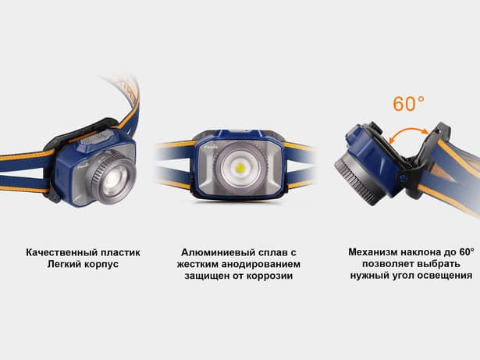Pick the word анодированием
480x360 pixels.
coord(262,265)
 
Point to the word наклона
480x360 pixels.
coord(428,252)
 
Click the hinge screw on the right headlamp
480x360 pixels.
coord(402,177)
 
